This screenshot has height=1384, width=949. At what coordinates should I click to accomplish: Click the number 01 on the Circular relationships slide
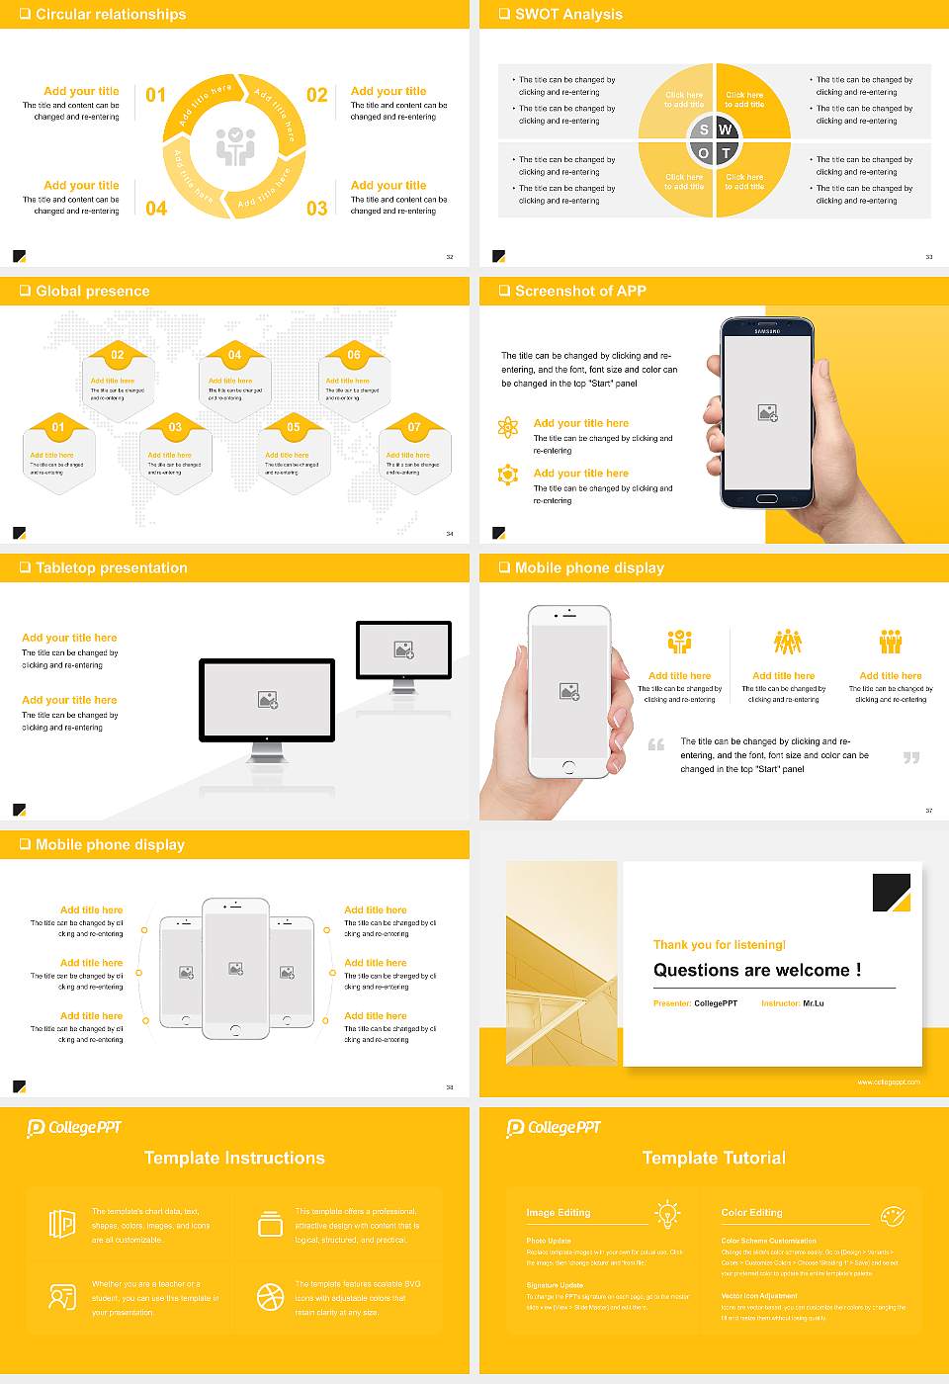tap(156, 95)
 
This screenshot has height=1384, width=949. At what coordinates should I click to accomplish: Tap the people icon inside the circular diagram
tap(235, 146)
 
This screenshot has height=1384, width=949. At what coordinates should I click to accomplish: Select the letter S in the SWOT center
tap(704, 130)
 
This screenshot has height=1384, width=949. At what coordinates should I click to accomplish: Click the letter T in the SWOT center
tap(726, 153)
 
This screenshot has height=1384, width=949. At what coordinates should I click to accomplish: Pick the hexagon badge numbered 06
tap(354, 355)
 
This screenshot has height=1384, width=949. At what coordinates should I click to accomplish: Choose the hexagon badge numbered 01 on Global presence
tap(58, 427)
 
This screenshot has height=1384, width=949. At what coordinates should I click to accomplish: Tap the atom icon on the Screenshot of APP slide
tap(508, 427)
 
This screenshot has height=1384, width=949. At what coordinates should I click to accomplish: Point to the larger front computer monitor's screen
tap(267, 699)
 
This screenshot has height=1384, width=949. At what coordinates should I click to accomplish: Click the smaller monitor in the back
tap(403, 649)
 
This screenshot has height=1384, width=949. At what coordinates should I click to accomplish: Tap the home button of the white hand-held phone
tap(568, 767)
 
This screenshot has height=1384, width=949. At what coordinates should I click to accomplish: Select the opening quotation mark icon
tap(656, 744)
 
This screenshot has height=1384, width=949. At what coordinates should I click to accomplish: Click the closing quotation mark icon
tap(911, 757)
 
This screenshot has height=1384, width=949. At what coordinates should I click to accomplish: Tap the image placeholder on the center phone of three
tap(235, 969)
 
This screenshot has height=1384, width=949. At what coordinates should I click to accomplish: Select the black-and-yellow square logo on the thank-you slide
tap(891, 893)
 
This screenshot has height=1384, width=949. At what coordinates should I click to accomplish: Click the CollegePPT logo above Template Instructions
tap(74, 1128)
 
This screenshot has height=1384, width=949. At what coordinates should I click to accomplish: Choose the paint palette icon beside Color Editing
tap(892, 1214)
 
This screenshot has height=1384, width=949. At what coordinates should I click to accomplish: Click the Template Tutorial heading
tap(714, 1158)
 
